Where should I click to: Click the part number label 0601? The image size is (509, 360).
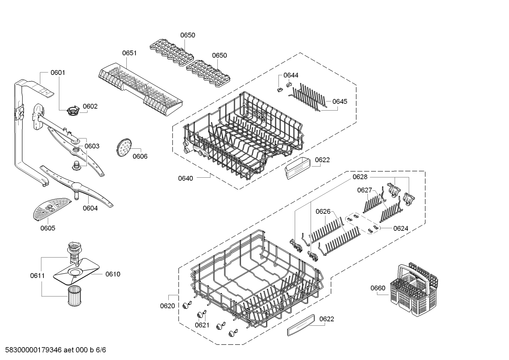pyautogui.click(x=58, y=73)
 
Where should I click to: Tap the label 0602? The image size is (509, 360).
pyautogui.click(x=90, y=106)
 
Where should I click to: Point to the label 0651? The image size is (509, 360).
pyautogui.click(x=129, y=53)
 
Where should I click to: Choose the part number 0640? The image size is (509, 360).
pyautogui.click(x=185, y=178)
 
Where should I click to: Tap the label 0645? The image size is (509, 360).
pyautogui.click(x=340, y=101)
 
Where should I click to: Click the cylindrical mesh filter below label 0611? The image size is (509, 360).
pyautogui.click(x=74, y=297)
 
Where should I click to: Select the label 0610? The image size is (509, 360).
pyautogui.click(x=113, y=274)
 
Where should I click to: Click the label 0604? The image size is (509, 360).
pyautogui.click(x=90, y=208)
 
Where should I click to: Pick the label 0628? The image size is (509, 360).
pyautogui.click(x=360, y=177)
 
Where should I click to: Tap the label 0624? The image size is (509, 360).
pyautogui.click(x=400, y=228)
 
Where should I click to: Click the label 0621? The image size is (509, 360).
pyautogui.click(x=202, y=325)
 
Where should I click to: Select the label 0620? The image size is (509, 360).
pyautogui.click(x=167, y=306)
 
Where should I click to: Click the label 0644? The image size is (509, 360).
pyautogui.click(x=291, y=75)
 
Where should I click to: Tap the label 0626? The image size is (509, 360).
pyautogui.click(x=323, y=211)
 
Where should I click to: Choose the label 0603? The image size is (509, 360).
pyautogui.click(x=92, y=146)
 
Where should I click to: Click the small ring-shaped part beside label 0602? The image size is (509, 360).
pyautogui.click(x=72, y=111)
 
